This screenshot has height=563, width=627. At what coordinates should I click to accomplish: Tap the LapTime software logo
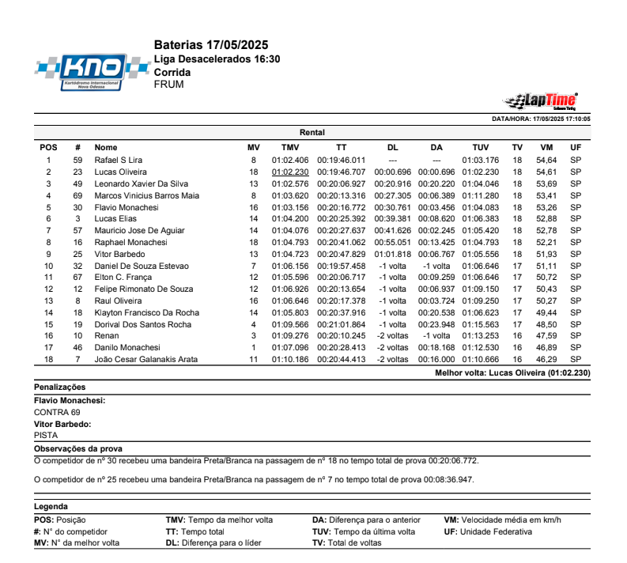pyautogui.click(x=542, y=100)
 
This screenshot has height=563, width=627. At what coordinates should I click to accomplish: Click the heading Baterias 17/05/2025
pyautogui.click(x=211, y=44)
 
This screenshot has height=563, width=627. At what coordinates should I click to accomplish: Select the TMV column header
pyautogui.click(x=290, y=147)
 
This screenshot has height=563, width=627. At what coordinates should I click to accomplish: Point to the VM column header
pyautogui.click(x=546, y=147)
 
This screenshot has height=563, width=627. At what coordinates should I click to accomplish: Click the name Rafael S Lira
pyautogui.click(x=119, y=160)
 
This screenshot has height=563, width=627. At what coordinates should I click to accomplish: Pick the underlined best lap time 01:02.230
pyautogui.click(x=290, y=172)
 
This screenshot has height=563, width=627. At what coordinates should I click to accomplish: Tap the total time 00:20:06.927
pyautogui.click(x=341, y=183)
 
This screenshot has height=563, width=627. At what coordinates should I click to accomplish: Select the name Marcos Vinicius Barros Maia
pyautogui.click(x=147, y=195)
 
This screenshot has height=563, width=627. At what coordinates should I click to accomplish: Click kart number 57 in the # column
pyautogui.click(x=77, y=230)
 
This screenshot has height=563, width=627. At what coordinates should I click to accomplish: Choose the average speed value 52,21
pyautogui.click(x=546, y=242)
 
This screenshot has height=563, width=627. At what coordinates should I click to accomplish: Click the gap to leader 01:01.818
pyautogui.click(x=392, y=254)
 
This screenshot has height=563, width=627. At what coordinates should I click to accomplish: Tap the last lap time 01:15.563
pyautogui.click(x=480, y=324)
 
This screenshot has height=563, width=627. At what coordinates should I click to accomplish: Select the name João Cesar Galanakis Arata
pyautogui.click(x=147, y=359)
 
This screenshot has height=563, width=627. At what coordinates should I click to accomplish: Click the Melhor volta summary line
pyautogui.click(x=512, y=372)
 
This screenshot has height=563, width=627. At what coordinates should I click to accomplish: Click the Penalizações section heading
pyautogui.click(x=60, y=387)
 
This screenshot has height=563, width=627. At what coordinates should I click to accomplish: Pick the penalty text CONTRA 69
pyautogui.click(x=57, y=412)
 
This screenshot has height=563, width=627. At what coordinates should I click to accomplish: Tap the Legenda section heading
pyautogui.click(x=51, y=507)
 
